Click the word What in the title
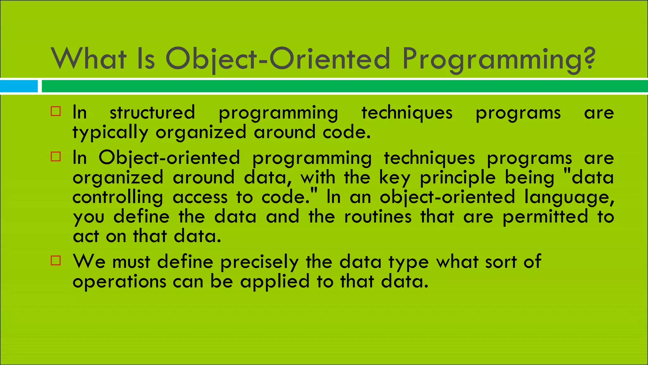(x=89, y=59)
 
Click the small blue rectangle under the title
(x=19, y=86)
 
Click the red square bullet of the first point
(x=56, y=111)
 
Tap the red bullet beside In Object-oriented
(x=56, y=157)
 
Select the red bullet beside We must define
(x=56, y=260)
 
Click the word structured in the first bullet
(x=152, y=112)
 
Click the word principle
(x=458, y=178)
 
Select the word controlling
(x=118, y=197)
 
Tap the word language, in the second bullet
(x=569, y=197)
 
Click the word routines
(x=378, y=217)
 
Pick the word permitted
(x=545, y=217)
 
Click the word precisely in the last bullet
(x=259, y=262)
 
